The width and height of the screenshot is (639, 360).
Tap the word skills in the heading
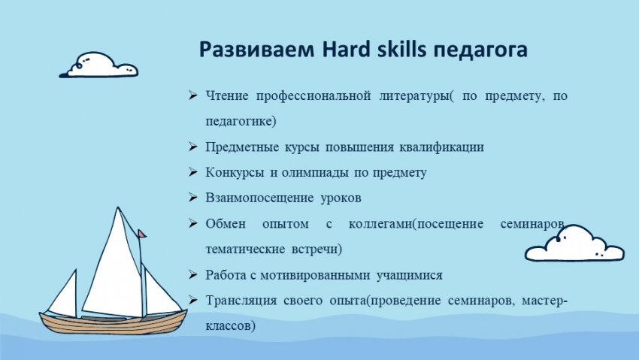pyautogui.click(x=402, y=50)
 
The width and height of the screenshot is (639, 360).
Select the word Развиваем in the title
pyautogui.click(x=257, y=50)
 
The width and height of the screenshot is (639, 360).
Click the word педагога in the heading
pyautogui.click(x=480, y=51)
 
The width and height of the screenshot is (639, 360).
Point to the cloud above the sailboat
pyautogui.click(x=99, y=65)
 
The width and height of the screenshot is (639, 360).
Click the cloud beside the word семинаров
pyautogui.click(x=574, y=244)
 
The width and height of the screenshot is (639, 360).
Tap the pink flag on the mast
pyautogui.click(x=141, y=234)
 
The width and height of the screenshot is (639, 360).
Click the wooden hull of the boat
pyautogui.click(x=113, y=323)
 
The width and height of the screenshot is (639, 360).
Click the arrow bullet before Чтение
pyautogui.click(x=192, y=96)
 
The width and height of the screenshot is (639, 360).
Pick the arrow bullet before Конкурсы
pyautogui.click(x=192, y=172)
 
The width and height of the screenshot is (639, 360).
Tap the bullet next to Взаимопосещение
pyautogui.click(x=192, y=198)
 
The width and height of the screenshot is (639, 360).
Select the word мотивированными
pyautogui.click(x=315, y=275)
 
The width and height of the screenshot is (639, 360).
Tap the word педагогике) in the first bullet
pyautogui.click(x=241, y=122)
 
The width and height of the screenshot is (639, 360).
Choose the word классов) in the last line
pyautogui.click(x=230, y=326)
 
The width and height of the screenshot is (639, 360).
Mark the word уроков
pyautogui.click(x=341, y=198)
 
